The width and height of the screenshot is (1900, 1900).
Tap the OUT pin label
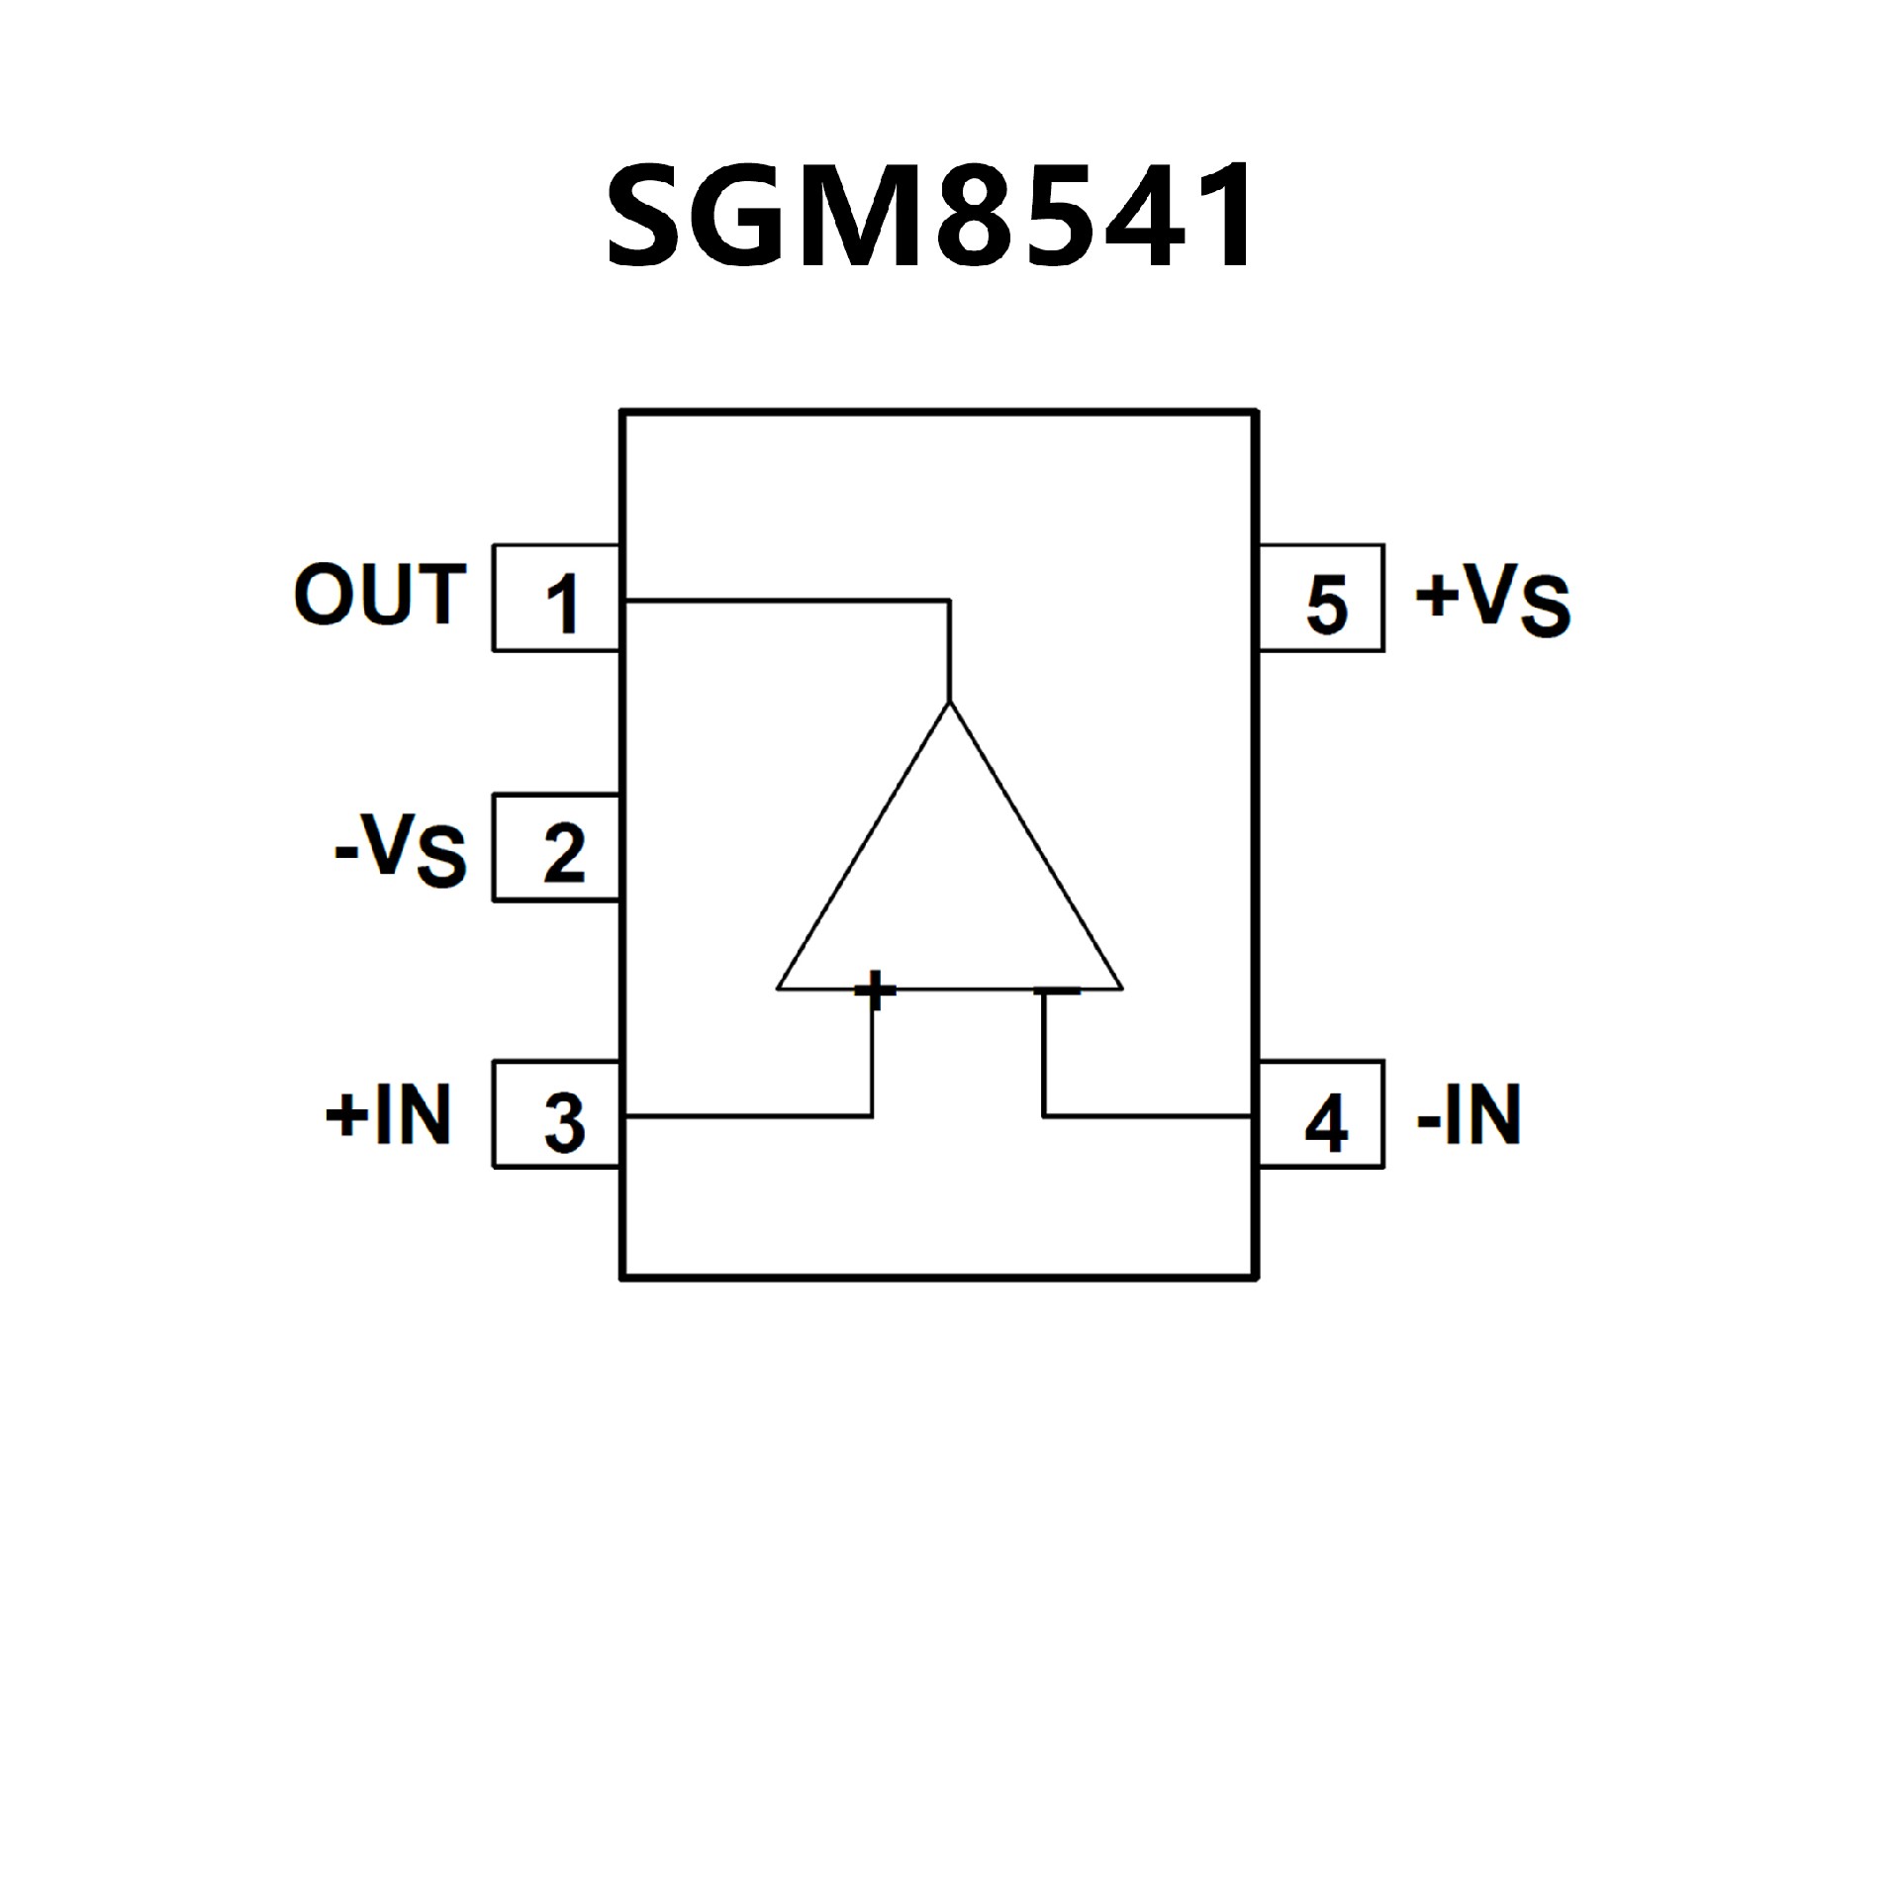coord(379,595)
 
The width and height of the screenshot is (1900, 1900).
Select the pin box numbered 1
coord(556,599)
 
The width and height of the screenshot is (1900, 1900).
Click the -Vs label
coord(401,850)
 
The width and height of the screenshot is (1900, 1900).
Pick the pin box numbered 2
coord(556,848)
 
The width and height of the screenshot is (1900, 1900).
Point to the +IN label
coord(389,1114)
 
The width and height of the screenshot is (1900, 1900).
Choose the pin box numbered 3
coord(556,1115)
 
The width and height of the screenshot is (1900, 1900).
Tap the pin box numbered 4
coord(1320,1115)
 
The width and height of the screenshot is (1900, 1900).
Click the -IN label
coord(1469,1114)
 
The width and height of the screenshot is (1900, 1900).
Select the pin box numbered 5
coord(1320,599)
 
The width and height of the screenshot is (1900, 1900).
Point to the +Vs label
coord(1492,600)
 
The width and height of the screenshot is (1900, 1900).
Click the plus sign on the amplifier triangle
coord(875,989)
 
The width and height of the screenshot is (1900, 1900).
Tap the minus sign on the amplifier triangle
coord(1057,989)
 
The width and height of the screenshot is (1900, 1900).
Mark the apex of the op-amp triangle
coord(950,703)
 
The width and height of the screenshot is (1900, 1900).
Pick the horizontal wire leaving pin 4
coord(1148,1116)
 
